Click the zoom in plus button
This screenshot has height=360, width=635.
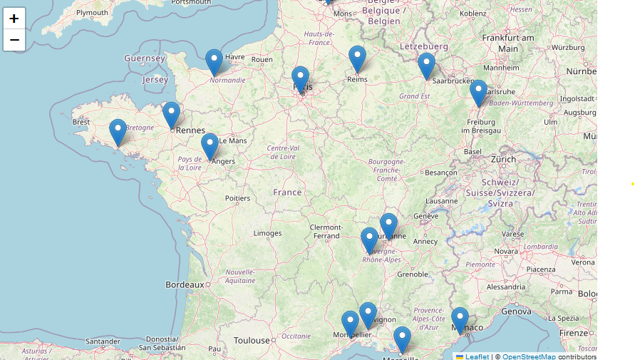click(14, 19)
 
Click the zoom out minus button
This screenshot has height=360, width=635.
click(14, 40)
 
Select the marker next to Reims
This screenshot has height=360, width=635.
click(357, 59)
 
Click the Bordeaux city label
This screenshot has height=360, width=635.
click(185, 284)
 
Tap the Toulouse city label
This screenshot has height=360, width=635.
click(252, 341)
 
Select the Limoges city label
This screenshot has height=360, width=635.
click(267, 233)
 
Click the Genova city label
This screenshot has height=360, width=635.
click(516, 312)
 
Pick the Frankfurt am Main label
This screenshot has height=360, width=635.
click(508, 43)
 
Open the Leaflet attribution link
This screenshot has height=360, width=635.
click(477, 356)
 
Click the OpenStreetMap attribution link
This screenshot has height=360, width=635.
click(529, 356)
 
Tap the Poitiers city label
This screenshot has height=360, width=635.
click(237, 198)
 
